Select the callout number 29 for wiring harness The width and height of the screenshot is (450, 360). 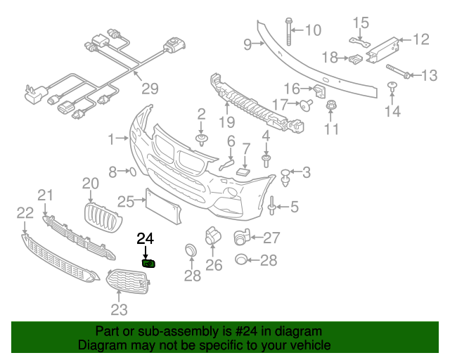tap(149, 89)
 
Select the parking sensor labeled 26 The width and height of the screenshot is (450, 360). tap(211, 237)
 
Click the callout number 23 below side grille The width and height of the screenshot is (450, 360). tap(119, 309)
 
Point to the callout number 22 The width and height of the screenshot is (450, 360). tap(25, 212)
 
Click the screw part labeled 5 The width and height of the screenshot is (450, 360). tap(271, 206)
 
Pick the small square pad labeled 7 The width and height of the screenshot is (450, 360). tap(243, 171)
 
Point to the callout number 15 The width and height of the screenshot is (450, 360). tap(360, 23)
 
